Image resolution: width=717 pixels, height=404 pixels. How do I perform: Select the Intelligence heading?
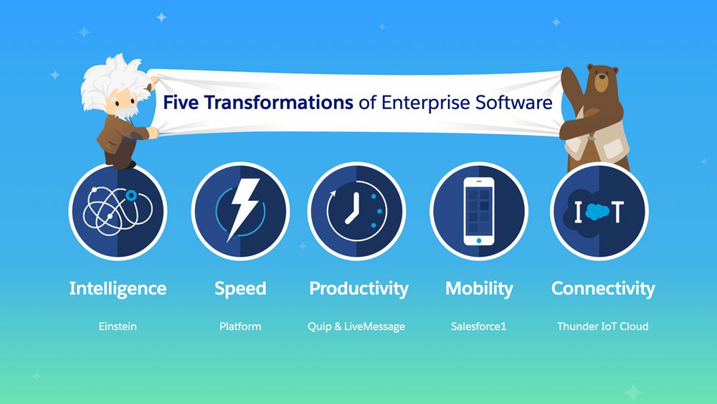coord(118,289)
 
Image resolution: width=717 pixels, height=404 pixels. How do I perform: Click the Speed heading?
coord(240,289)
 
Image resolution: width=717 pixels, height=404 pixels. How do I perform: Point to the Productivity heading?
coord(358,289)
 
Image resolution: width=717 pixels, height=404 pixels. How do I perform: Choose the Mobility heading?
coord(479,289)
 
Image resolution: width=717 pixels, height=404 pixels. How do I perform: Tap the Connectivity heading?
coord(603,289)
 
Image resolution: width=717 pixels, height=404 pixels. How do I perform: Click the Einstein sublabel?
coord(118,327)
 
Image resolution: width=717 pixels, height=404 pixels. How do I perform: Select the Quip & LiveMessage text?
coord(356,327)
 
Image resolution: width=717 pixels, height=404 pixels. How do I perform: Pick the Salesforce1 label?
coord(478,327)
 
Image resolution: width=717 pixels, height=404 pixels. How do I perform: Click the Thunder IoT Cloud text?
coord(603,327)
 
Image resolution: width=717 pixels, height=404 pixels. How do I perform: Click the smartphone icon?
coord(479,211)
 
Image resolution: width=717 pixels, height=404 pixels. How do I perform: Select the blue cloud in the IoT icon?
coord(598,212)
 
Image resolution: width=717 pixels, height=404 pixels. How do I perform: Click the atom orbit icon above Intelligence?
coord(118,211)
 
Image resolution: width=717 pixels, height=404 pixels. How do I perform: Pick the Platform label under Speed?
coord(240,327)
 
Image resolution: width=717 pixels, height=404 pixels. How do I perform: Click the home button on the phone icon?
coord(479,240)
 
